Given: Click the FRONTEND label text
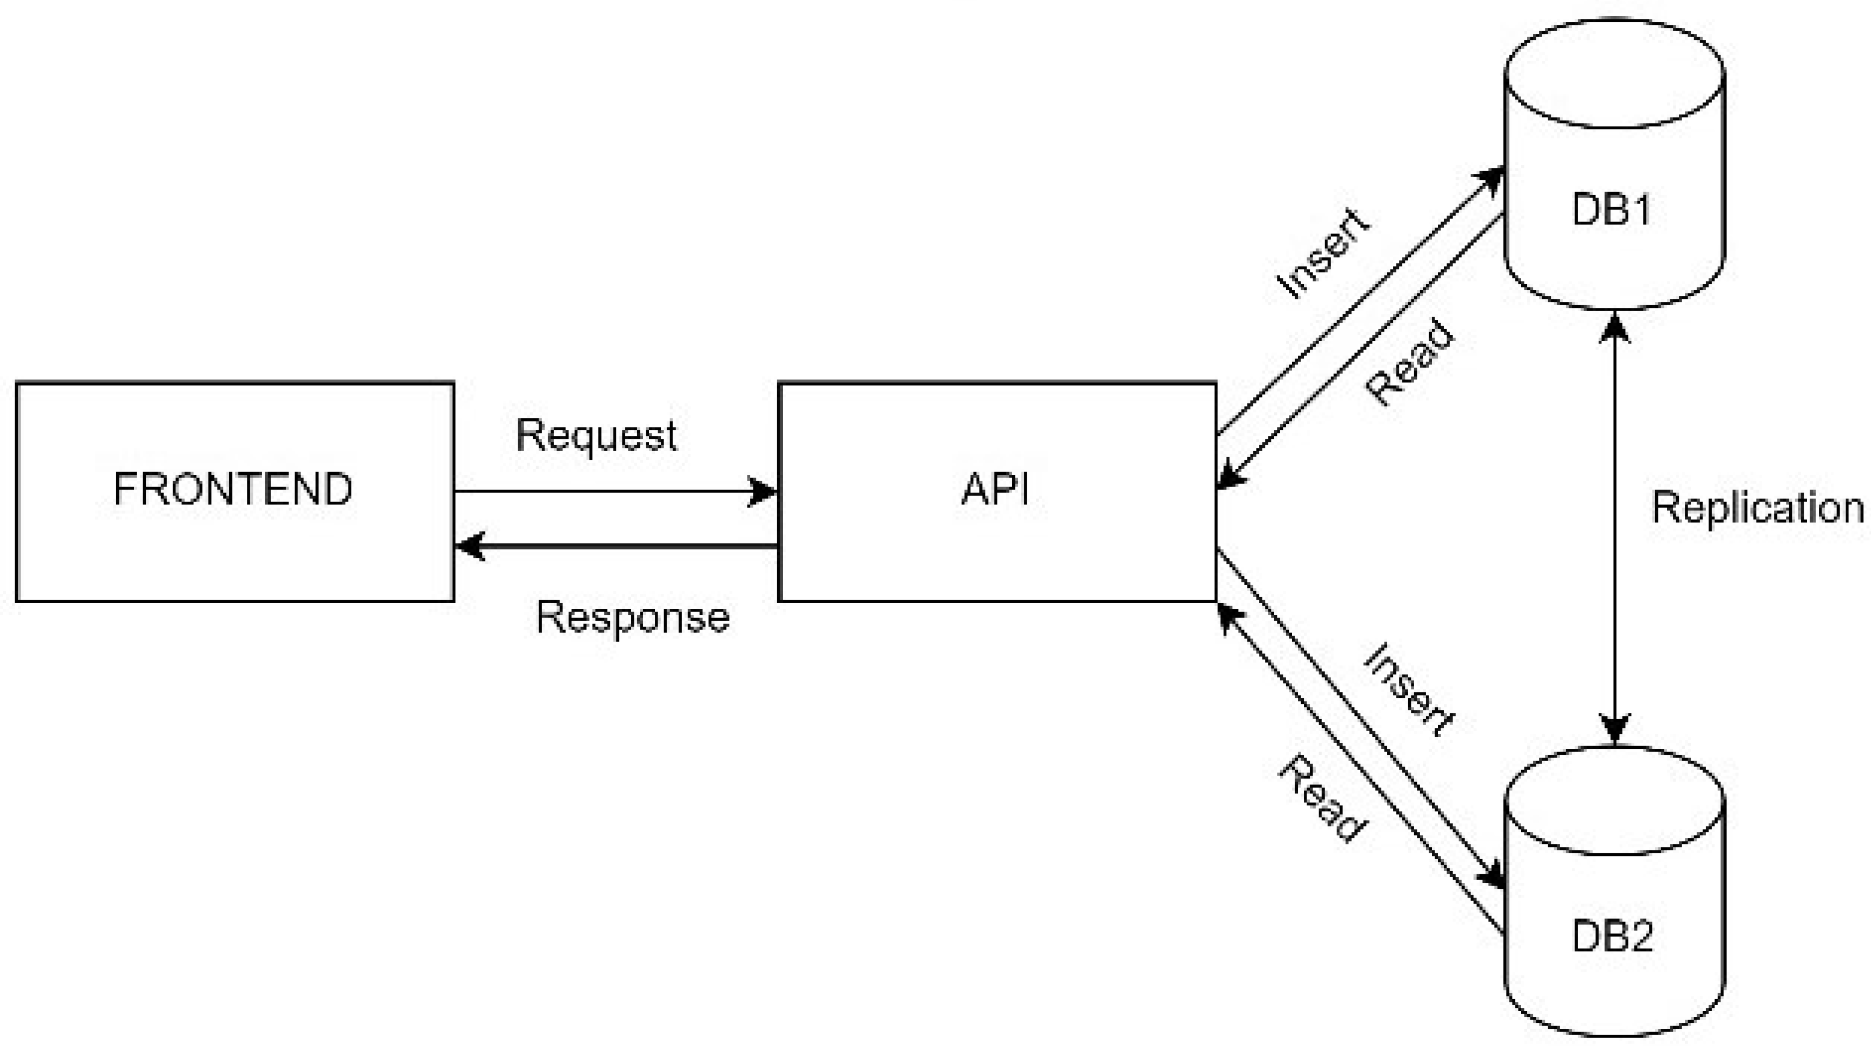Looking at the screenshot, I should (233, 489).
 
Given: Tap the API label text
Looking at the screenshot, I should (995, 489).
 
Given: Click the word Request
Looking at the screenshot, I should (596, 437).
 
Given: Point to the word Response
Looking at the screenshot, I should (633, 618).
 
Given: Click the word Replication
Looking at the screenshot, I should (1757, 508).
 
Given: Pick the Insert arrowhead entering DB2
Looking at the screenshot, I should (1493, 875).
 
